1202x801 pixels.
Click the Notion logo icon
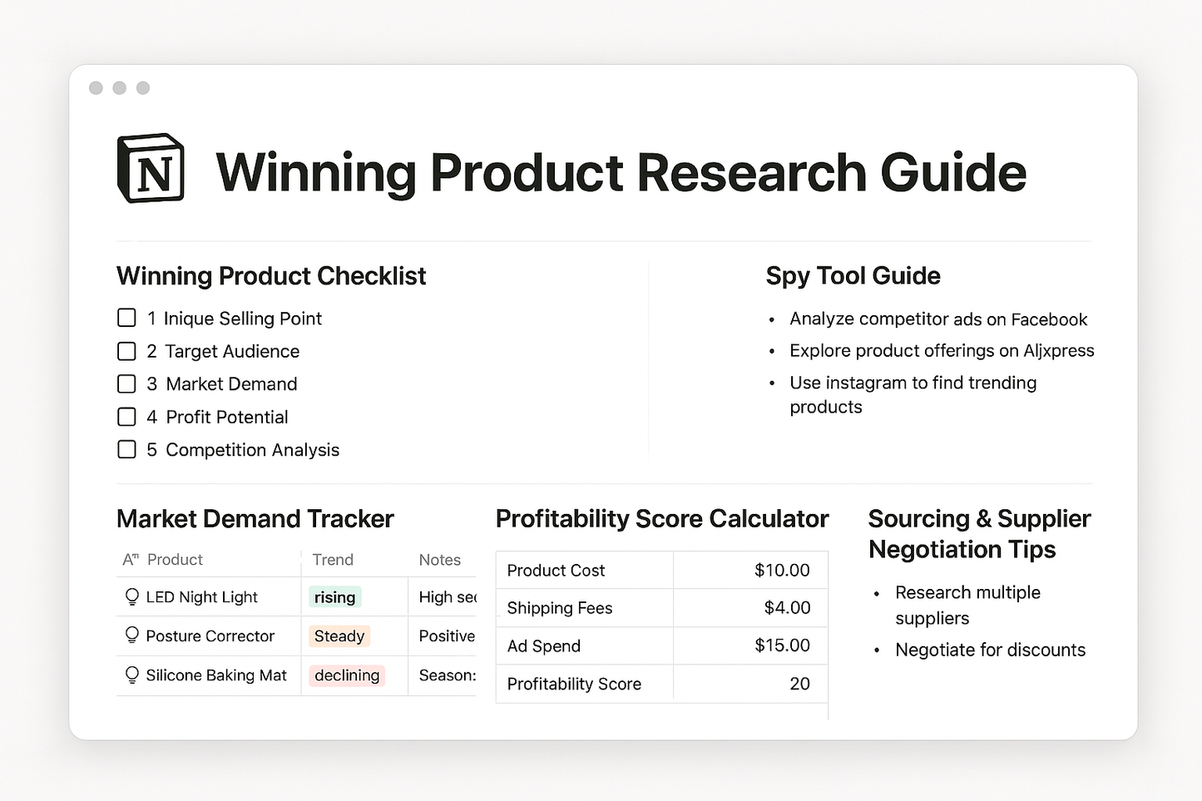151,169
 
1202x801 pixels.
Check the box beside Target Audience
126,351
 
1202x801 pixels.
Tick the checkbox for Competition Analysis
126,450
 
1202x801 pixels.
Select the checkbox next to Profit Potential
126,417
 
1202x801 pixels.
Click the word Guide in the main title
952,173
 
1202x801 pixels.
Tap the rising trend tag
334,597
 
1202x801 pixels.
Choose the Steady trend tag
339,636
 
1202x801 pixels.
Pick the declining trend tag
347,675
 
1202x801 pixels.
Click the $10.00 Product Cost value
781,571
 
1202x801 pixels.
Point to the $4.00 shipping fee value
787,608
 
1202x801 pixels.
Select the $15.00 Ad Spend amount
782,645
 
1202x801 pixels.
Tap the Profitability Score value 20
799,684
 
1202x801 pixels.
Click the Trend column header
333,560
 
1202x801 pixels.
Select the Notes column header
439,560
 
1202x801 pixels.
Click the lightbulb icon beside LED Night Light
131,597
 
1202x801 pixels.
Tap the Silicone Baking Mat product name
216,675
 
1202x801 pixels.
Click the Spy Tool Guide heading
853,276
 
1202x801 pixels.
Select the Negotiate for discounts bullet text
990,650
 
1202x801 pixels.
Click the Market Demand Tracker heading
255,519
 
